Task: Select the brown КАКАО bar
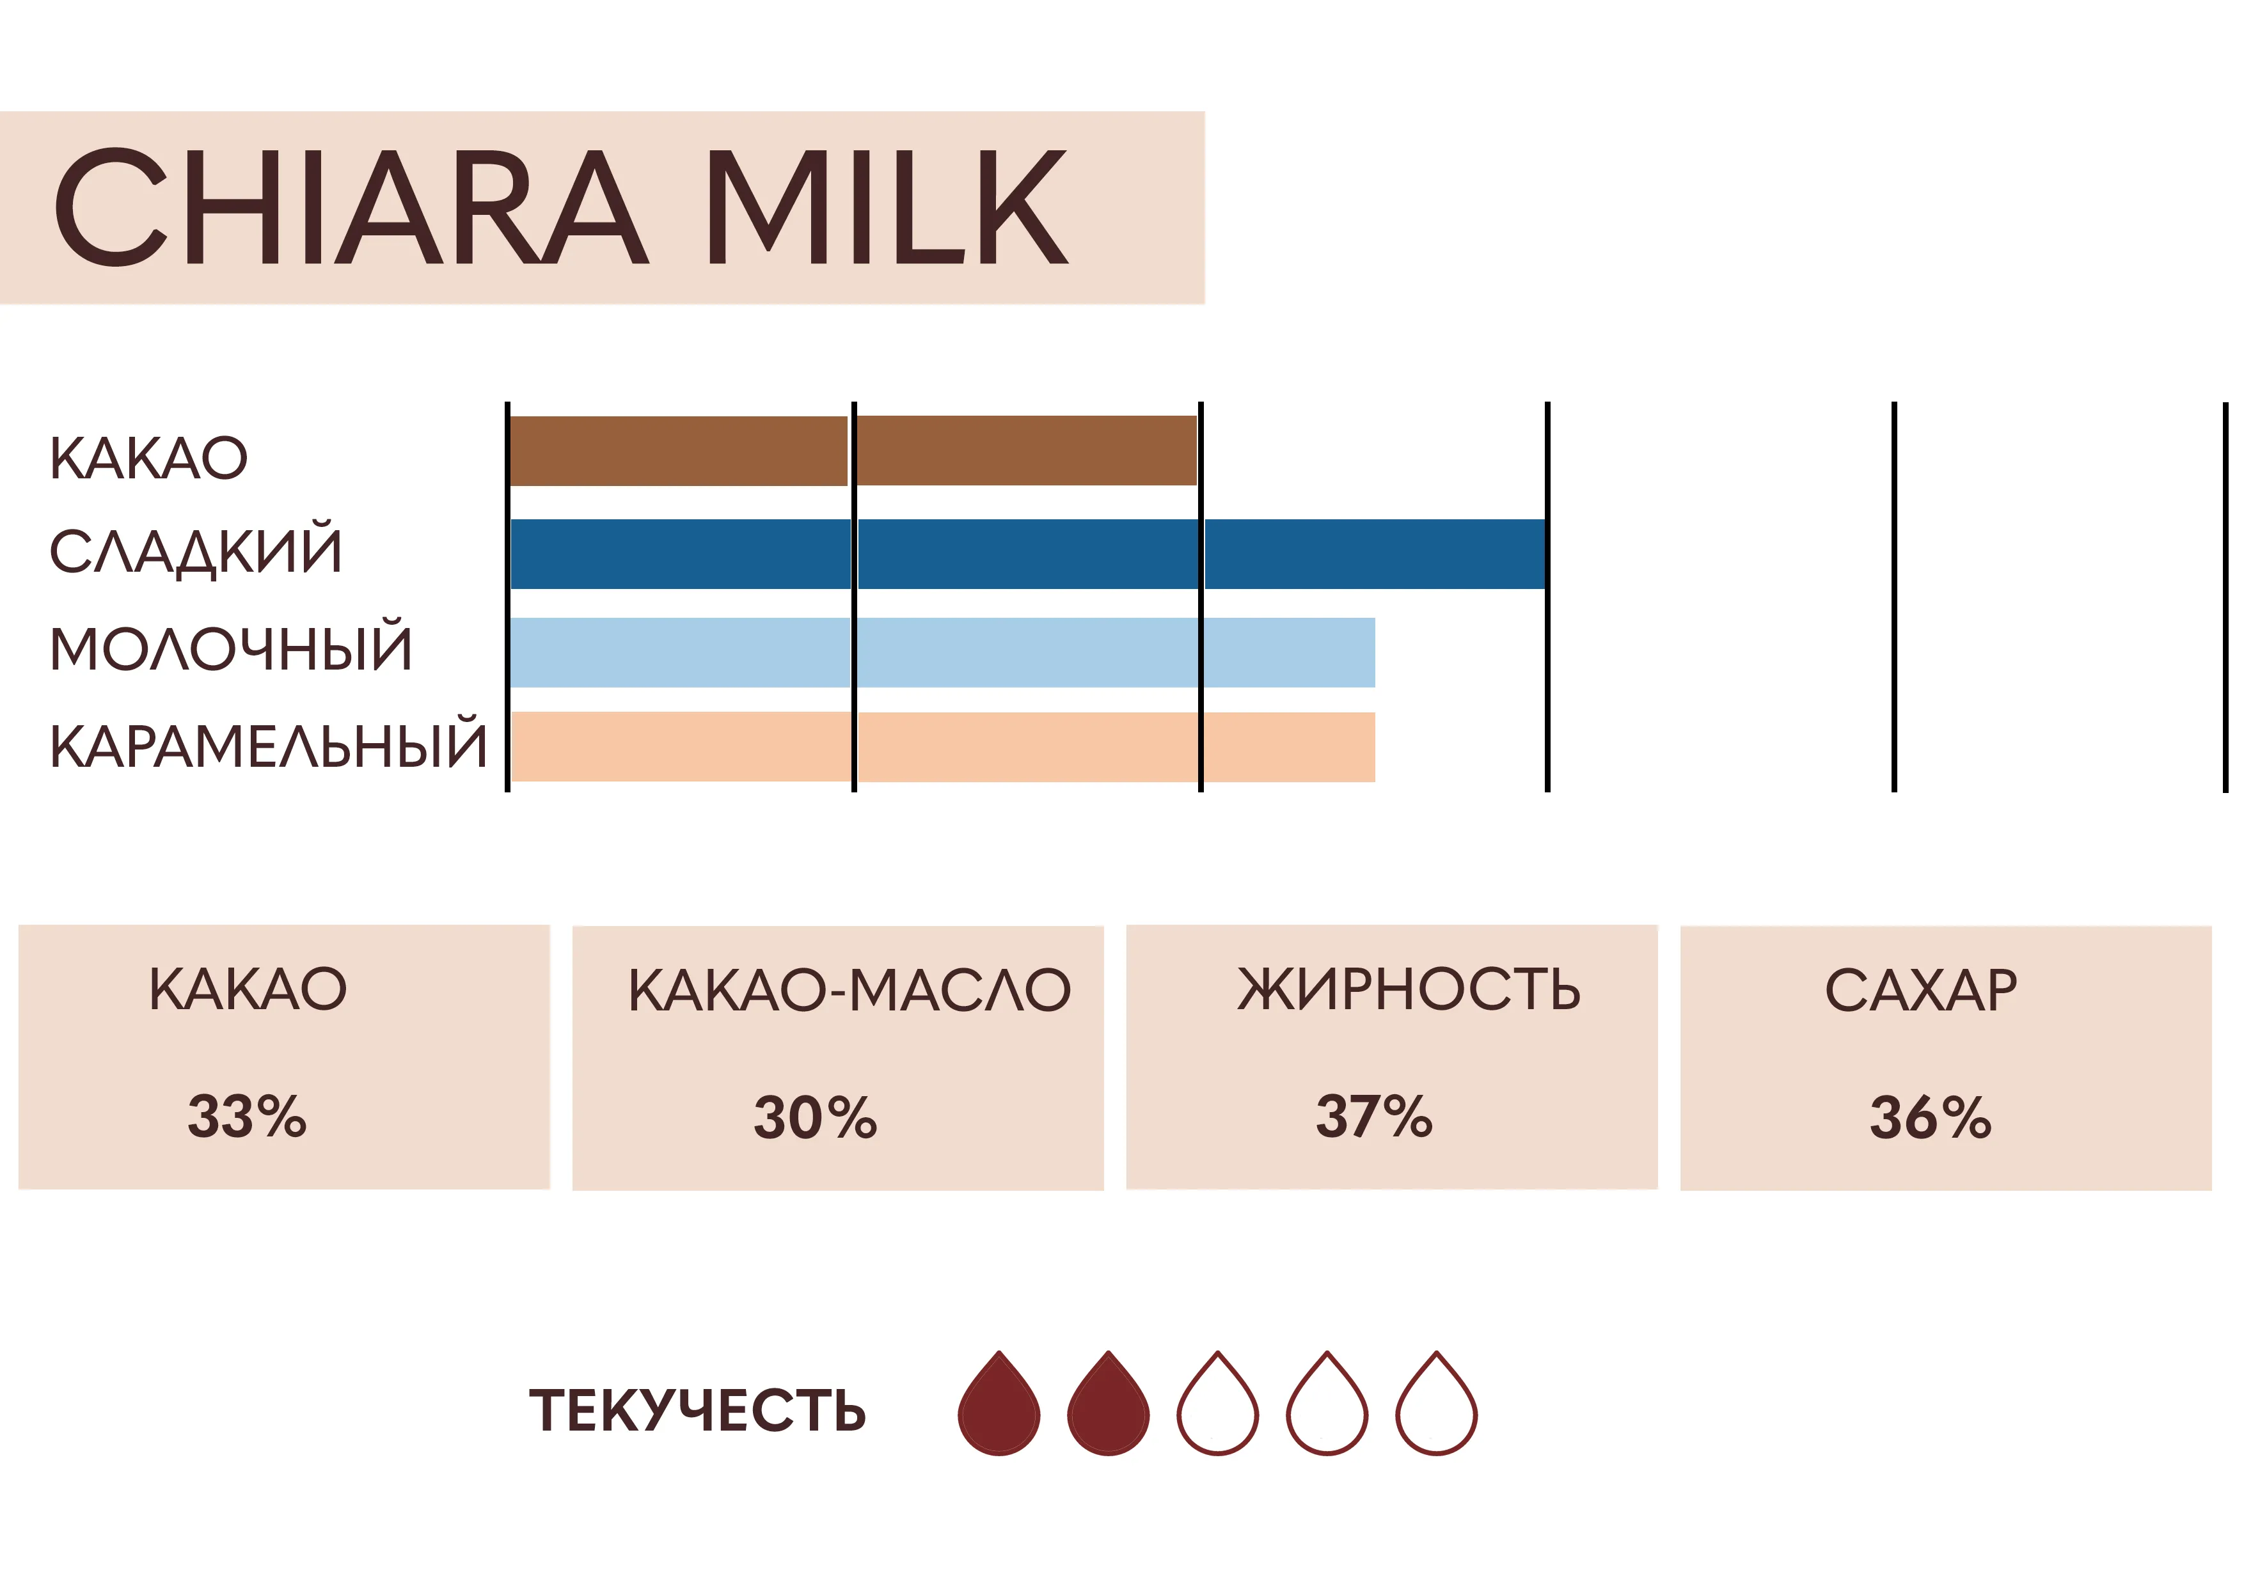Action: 853,450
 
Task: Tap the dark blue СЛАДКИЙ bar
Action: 1028,554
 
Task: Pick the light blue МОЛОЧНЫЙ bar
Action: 942,653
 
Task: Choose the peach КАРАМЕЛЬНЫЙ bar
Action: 942,746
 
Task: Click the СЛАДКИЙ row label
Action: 196,549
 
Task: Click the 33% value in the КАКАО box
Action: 248,1117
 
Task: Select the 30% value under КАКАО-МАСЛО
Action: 815,1118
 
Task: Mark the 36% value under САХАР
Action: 1931,1118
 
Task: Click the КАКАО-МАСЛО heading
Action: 849,990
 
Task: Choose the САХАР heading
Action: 1920,990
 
